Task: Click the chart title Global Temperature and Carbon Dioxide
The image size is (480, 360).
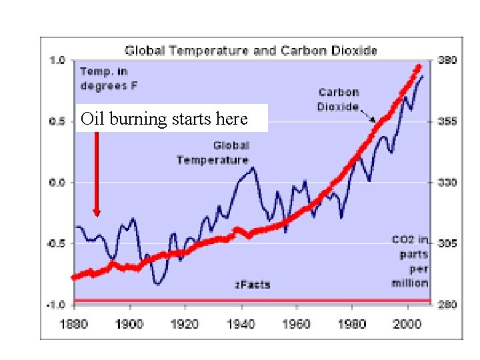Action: (x=251, y=50)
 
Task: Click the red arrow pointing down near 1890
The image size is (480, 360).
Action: (x=97, y=173)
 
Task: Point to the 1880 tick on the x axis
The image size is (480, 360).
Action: (x=73, y=323)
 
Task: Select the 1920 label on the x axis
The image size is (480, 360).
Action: (x=185, y=323)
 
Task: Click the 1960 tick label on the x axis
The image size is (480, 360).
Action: (x=297, y=323)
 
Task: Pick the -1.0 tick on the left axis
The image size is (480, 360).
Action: (x=56, y=305)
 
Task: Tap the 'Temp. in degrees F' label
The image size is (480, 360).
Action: (x=109, y=78)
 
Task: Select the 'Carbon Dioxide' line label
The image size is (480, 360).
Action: (x=339, y=99)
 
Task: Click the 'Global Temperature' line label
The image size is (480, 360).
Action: (x=213, y=153)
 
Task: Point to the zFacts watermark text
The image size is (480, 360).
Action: (x=252, y=285)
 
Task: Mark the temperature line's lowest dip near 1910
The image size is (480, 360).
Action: (x=157, y=283)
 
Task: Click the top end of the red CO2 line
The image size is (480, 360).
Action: (x=419, y=67)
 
